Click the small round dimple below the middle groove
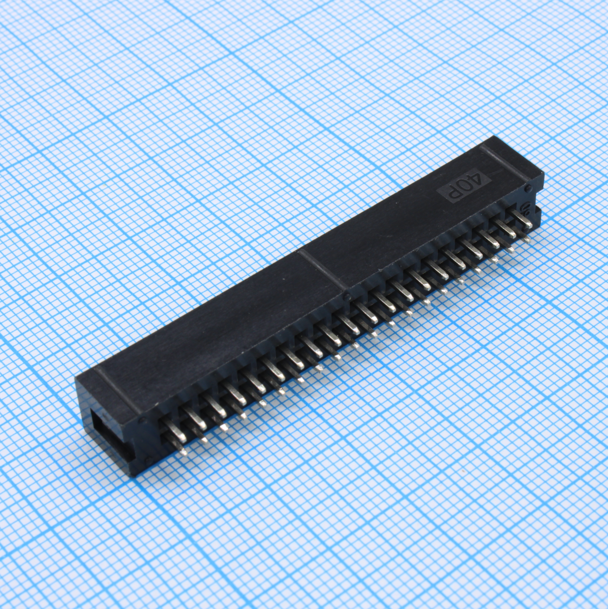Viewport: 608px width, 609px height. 347,296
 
